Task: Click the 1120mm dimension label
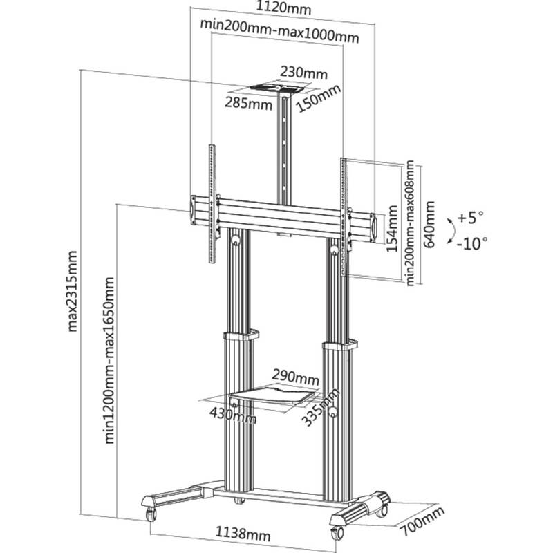283,8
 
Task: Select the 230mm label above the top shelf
303,73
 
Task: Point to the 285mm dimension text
249,103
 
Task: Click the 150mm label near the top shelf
318,98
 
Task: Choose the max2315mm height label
73,291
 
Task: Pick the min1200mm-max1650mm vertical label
110,360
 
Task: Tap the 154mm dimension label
392,229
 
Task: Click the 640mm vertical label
429,225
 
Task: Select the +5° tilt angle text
471,217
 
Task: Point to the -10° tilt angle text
472,243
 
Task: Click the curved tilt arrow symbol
454,231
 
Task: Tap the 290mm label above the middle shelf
296,377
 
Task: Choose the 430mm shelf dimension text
233,416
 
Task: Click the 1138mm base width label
243,533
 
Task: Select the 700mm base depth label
422,521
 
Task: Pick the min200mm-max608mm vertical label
410,223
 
